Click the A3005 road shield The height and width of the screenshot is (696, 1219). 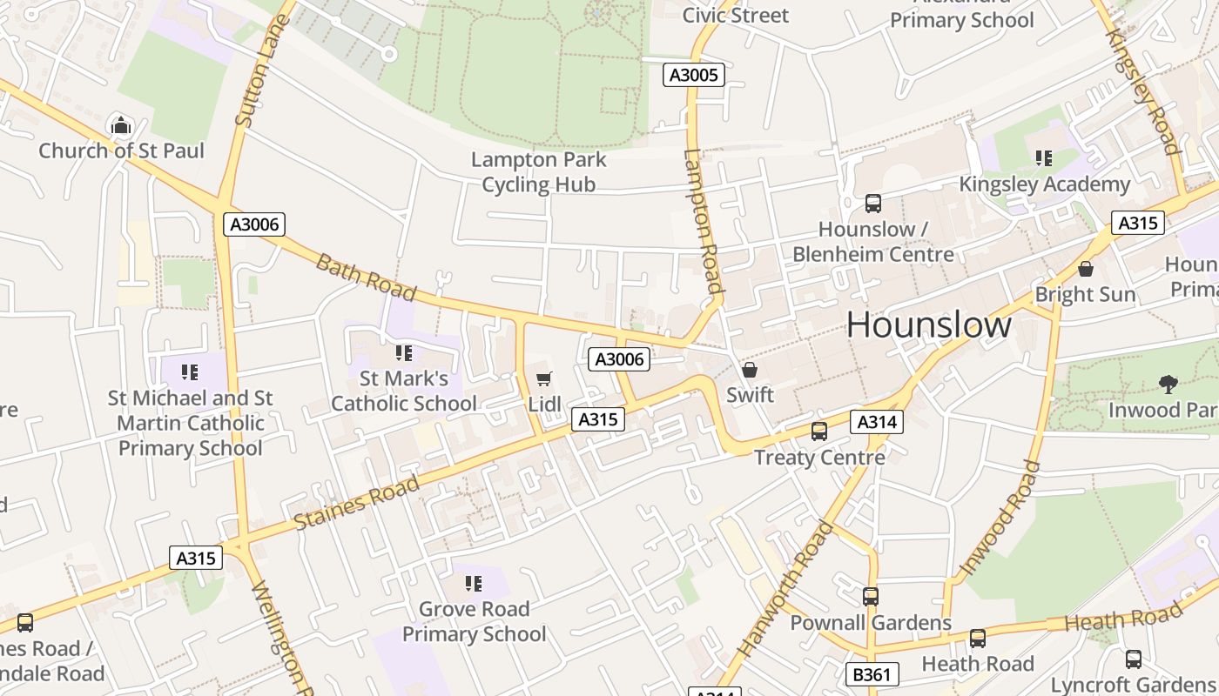coord(694,75)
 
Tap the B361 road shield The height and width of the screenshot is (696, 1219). coord(872,673)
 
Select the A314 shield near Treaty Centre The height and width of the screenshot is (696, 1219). coord(877,422)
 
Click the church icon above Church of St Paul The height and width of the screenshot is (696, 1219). coord(121,127)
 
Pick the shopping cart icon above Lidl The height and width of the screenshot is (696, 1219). coord(544,378)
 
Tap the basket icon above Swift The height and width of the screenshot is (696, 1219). coord(749,370)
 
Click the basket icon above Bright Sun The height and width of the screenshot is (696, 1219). coord(1085,270)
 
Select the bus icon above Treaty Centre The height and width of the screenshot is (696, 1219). coord(818,432)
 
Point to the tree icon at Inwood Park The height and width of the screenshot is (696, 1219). coord(1168,384)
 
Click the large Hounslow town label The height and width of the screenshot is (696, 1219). coord(928,325)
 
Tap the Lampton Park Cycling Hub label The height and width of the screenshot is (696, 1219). coord(538,172)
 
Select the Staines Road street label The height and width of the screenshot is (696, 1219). coord(356,503)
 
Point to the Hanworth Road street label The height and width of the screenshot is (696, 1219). coord(785,589)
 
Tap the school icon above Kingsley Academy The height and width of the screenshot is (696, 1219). coord(1043,158)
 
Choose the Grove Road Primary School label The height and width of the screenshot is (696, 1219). coord(474,621)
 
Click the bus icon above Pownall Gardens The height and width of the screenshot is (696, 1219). coord(870,597)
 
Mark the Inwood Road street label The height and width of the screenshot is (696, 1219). coord(1000,519)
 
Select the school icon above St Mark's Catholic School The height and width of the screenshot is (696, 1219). coord(403,353)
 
